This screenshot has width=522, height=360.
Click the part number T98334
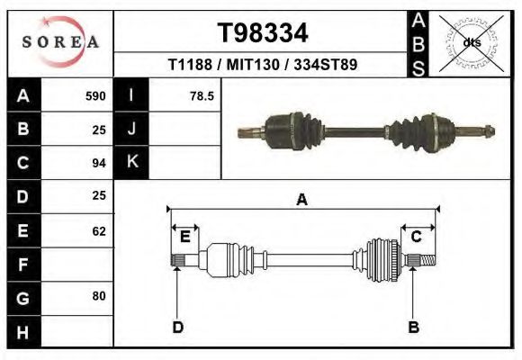(263, 33)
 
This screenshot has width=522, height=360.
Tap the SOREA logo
(60, 42)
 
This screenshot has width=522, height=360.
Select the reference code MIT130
(262, 65)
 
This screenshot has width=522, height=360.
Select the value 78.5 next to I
(201, 95)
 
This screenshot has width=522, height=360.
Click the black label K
(131, 163)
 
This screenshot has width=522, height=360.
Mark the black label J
(131, 129)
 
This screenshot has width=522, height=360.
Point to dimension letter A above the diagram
(301, 201)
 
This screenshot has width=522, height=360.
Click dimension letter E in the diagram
(184, 237)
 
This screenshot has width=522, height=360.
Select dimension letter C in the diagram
(417, 237)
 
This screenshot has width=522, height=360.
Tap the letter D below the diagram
(177, 327)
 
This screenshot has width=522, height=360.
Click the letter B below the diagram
(413, 327)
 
